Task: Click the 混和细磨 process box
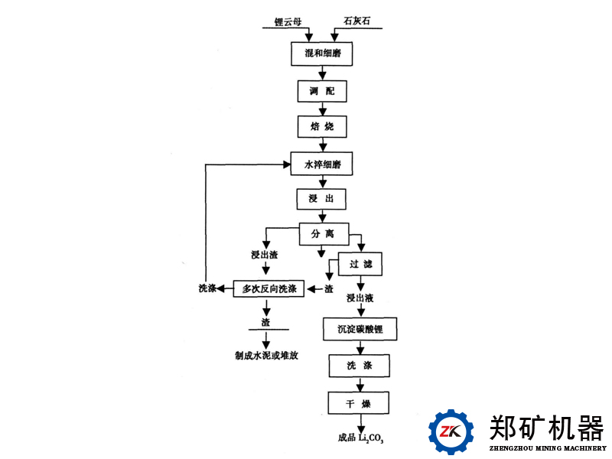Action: pos(323,54)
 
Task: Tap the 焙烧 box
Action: pos(322,126)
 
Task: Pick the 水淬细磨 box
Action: pos(323,163)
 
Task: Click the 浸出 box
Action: pos(322,199)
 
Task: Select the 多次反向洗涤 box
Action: pos(269,288)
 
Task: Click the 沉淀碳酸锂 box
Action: pos(360,330)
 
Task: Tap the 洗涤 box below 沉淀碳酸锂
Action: pos(360,366)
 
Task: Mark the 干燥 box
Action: pos(360,402)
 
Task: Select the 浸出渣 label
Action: pos(264,254)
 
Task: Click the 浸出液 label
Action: pos(360,298)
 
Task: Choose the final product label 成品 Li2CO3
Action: pos(360,438)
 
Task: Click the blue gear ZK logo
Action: pos(451,431)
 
